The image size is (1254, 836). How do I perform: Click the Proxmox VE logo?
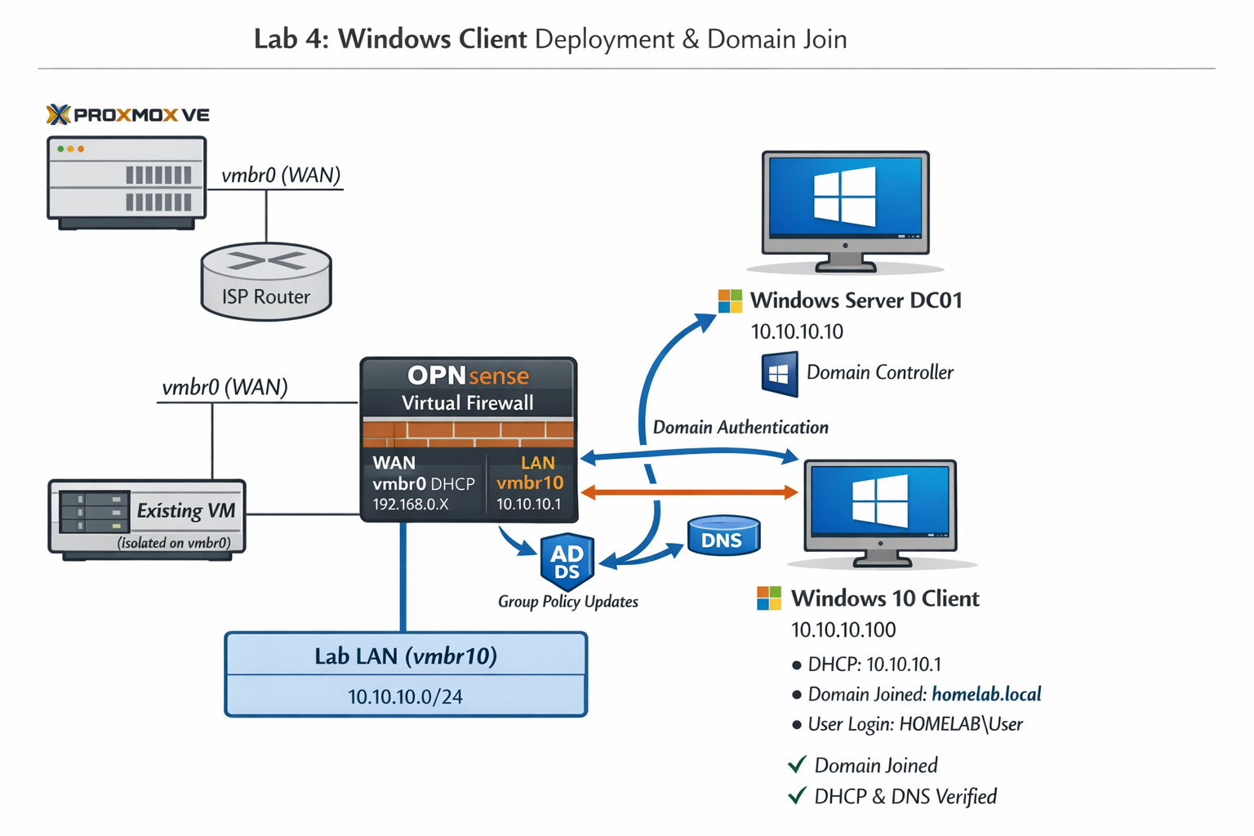128,114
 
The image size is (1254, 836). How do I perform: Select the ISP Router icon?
266,282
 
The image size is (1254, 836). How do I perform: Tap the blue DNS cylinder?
723,536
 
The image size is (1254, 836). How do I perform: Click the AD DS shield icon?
567,562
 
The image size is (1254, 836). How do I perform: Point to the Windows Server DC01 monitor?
845,208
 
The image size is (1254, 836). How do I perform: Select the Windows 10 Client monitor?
880,510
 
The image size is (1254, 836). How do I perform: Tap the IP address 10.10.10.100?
843,629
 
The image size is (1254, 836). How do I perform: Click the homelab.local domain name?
986,694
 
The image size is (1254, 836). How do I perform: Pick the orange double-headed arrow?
689,492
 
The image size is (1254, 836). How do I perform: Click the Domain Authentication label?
740,427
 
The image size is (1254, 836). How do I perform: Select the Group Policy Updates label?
568,602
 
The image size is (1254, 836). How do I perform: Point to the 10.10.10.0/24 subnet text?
405,696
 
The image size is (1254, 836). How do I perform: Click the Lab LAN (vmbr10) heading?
406,656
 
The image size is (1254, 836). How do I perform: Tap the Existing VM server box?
147,518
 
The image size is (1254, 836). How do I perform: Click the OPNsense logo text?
468,376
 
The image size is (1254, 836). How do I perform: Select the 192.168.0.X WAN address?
411,505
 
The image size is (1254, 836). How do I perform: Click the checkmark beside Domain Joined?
797,765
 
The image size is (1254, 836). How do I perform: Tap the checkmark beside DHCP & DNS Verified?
797,796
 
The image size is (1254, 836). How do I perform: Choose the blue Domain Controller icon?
779,374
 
